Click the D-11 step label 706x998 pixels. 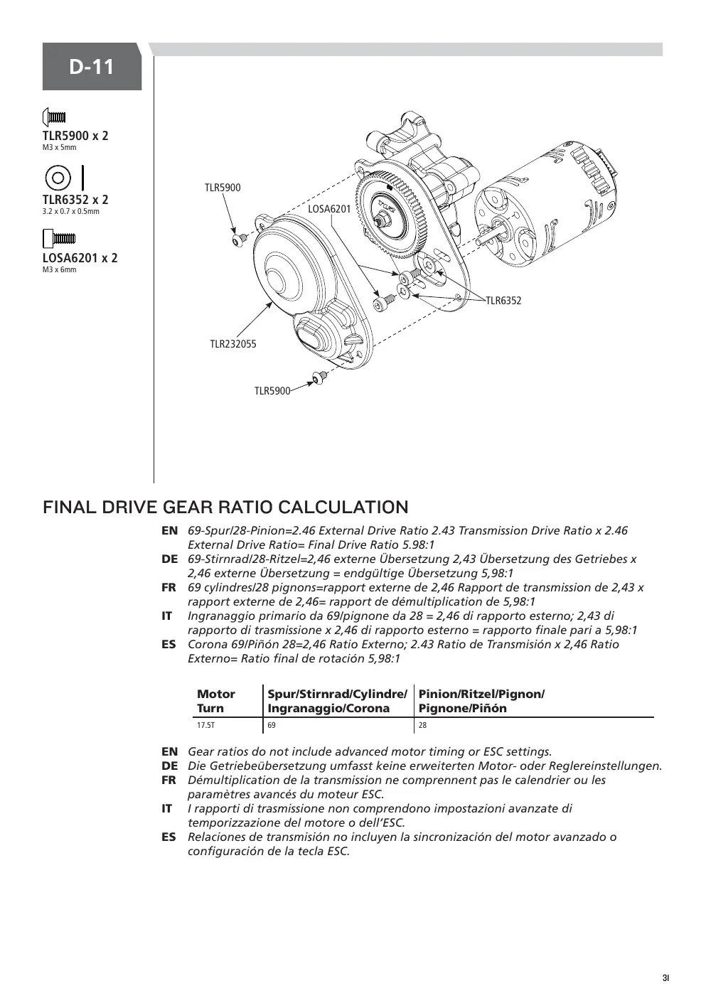(92, 67)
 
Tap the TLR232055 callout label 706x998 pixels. (233, 344)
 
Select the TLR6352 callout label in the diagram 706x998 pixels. (503, 301)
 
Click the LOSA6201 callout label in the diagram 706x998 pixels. (329, 209)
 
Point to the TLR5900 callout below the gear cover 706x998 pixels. (272, 391)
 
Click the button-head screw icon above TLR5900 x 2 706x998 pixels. (54, 117)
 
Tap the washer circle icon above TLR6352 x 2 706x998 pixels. (58, 177)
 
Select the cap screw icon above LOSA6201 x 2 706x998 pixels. (59, 238)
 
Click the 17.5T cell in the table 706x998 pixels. (206, 725)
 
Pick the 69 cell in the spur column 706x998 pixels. (272, 725)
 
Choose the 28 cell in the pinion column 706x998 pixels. (422, 725)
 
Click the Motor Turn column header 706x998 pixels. (215, 701)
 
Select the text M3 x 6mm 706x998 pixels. (59, 269)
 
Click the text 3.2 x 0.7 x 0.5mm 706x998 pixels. (71, 211)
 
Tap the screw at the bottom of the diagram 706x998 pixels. (320, 377)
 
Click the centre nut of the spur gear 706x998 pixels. (381, 219)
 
